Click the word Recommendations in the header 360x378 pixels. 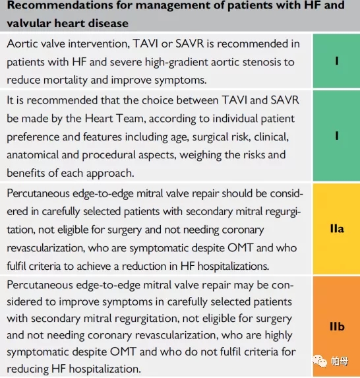[x=60, y=5]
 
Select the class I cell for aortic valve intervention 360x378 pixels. [x=337, y=61]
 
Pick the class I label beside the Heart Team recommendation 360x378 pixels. [x=337, y=136]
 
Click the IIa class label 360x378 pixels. [x=337, y=229]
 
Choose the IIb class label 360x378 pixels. [x=337, y=327]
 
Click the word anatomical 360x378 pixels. [x=33, y=155]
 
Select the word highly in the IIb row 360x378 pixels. [x=278, y=335]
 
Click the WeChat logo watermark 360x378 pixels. [x=320, y=361]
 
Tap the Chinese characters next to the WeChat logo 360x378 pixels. [x=340, y=362]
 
